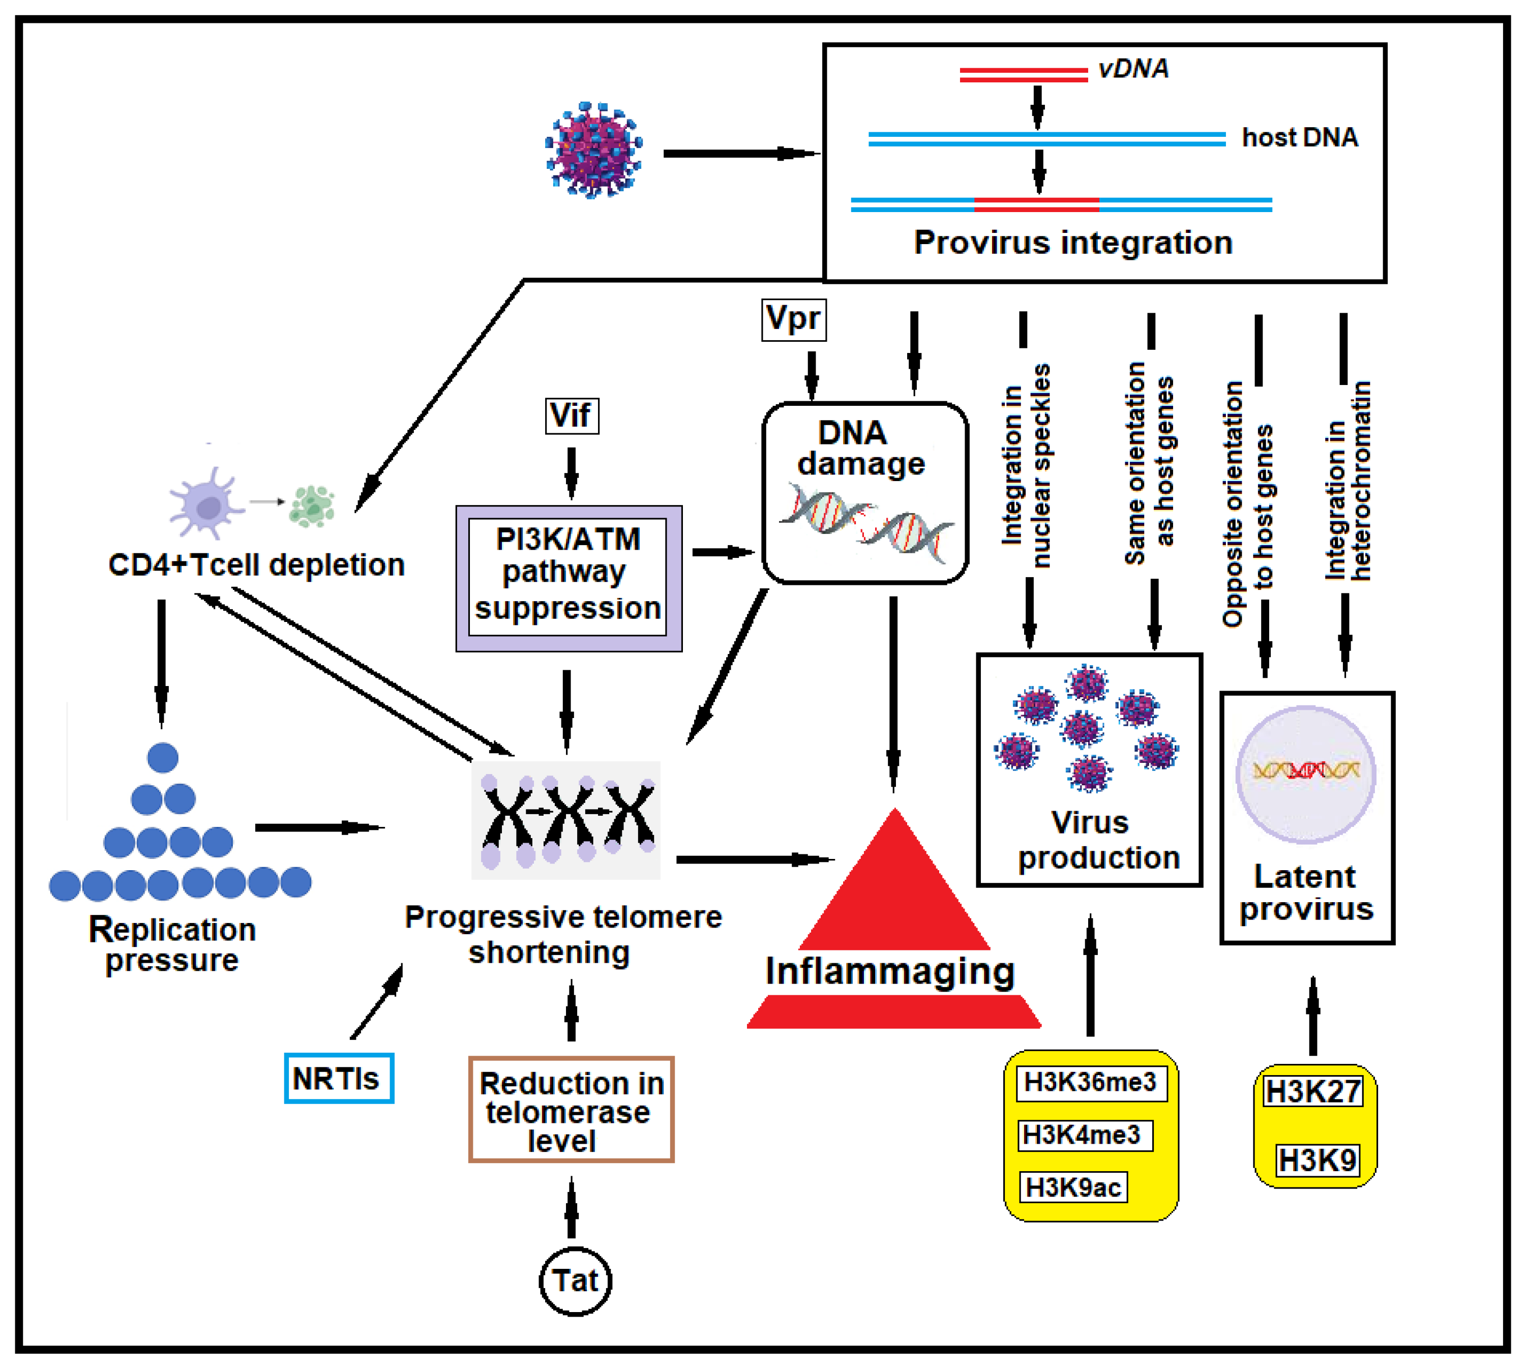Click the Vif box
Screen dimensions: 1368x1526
coord(572,415)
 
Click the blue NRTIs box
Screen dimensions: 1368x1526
coord(338,1079)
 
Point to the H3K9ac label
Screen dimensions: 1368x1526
coord(1073,1187)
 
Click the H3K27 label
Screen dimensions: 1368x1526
coord(1312,1091)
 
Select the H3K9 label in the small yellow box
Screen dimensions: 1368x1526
coord(1317,1161)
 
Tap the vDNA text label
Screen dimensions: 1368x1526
coord(1133,69)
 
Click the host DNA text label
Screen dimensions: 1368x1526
coord(1300,137)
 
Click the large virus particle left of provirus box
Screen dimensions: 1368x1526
coord(594,151)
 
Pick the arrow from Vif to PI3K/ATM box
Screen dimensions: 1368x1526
coord(572,472)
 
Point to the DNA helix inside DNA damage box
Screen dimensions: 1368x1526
coord(864,522)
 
